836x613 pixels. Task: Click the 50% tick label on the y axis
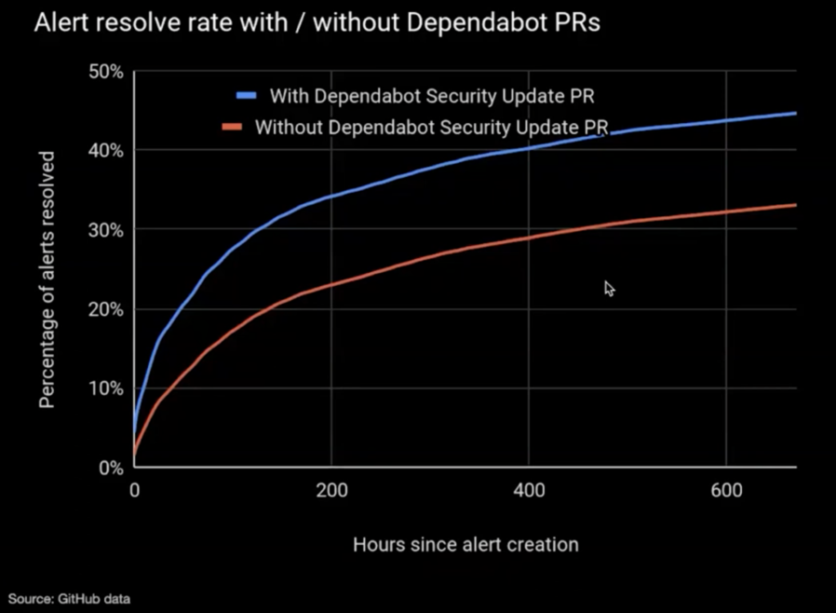click(105, 72)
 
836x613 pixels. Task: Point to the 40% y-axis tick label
click(105, 151)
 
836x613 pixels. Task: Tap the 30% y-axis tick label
click(105, 230)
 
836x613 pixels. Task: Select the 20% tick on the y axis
click(105, 309)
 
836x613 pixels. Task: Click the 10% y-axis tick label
click(105, 388)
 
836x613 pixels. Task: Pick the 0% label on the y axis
click(110, 468)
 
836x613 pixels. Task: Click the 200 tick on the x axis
click(331, 490)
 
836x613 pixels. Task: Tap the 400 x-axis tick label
click(528, 490)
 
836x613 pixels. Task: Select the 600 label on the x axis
click(725, 490)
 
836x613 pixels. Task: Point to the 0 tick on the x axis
click(134, 490)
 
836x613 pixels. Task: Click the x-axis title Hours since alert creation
click(465, 544)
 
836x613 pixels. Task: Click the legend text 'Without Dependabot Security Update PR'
click(431, 127)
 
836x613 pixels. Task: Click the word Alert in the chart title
click(58, 23)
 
